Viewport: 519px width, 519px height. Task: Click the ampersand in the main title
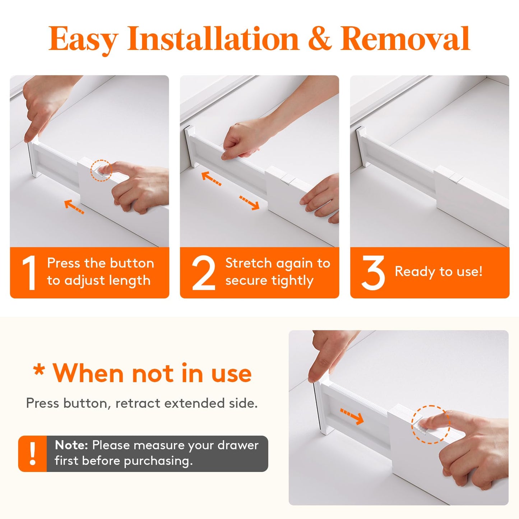(320, 39)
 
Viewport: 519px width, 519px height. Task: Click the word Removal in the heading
(405, 39)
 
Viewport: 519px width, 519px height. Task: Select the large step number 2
(203, 273)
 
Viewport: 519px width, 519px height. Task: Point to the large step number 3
(373, 273)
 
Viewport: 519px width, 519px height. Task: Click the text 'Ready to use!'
(439, 272)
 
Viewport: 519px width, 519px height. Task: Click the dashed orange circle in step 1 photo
(101, 170)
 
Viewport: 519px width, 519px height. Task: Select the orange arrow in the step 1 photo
(74, 207)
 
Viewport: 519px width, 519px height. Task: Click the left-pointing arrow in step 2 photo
(212, 179)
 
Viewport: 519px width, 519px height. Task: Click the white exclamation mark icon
(33, 454)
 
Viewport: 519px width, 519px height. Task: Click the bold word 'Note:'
(71, 445)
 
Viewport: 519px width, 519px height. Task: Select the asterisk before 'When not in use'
(39, 370)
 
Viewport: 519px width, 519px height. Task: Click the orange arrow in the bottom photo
(352, 416)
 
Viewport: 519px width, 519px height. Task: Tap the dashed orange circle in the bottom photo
(430, 424)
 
